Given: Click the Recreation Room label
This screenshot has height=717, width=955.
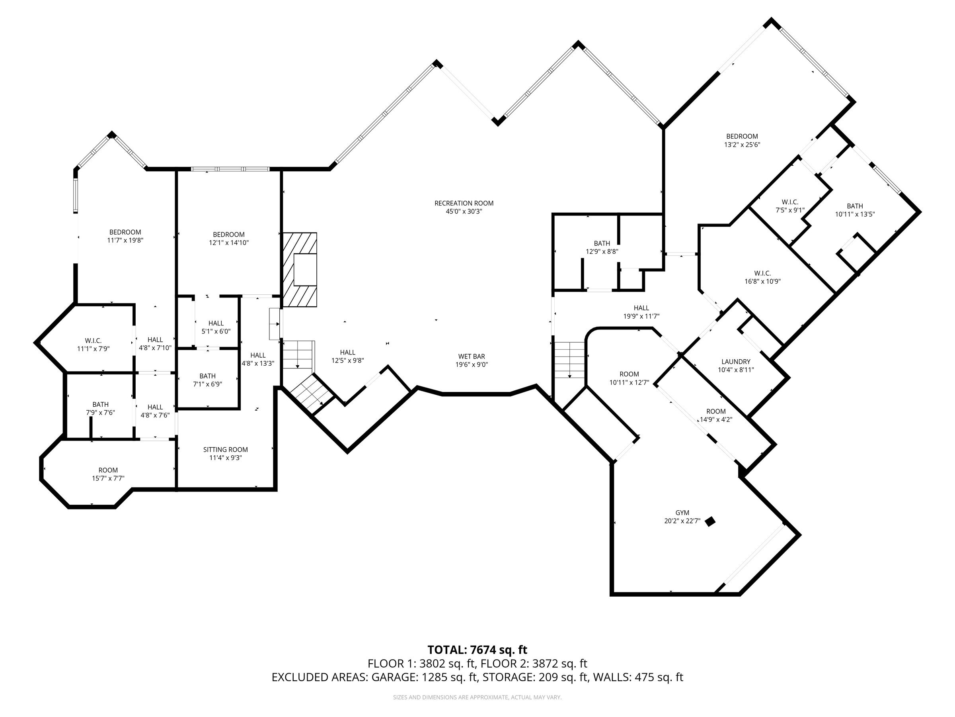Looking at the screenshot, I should click(x=464, y=203).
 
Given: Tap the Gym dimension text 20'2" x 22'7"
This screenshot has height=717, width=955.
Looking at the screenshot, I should click(x=682, y=521).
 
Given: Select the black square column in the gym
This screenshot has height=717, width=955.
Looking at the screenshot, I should click(x=709, y=522).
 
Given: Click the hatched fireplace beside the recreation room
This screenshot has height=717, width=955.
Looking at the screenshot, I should click(x=300, y=270).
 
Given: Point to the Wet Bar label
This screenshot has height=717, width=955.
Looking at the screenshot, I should click(x=471, y=356).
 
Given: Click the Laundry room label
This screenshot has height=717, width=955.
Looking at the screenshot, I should click(x=736, y=361).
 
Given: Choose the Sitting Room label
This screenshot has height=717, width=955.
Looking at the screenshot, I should click(x=225, y=449).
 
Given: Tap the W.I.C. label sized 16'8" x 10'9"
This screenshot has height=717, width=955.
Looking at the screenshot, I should click(x=762, y=273).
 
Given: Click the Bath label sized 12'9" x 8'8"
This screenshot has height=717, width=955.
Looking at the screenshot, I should click(x=601, y=243).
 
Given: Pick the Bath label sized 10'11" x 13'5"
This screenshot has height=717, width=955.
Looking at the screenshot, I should click(x=854, y=206).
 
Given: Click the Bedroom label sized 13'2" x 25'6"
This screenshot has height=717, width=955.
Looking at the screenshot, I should click(x=742, y=137).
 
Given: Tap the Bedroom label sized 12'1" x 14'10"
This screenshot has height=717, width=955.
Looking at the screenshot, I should click(x=228, y=235).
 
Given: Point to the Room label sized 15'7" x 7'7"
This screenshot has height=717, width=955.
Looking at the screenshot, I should click(x=108, y=470).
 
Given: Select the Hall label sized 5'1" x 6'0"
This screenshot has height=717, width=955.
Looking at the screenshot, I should click(x=216, y=323).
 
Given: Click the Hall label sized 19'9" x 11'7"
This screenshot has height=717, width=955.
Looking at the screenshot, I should click(x=641, y=308).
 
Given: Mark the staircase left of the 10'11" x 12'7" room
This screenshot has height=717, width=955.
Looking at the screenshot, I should click(x=569, y=359).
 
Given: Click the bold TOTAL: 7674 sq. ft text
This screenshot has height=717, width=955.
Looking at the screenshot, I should click(x=477, y=650).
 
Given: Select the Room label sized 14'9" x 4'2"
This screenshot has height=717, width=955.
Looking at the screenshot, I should click(x=715, y=411).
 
